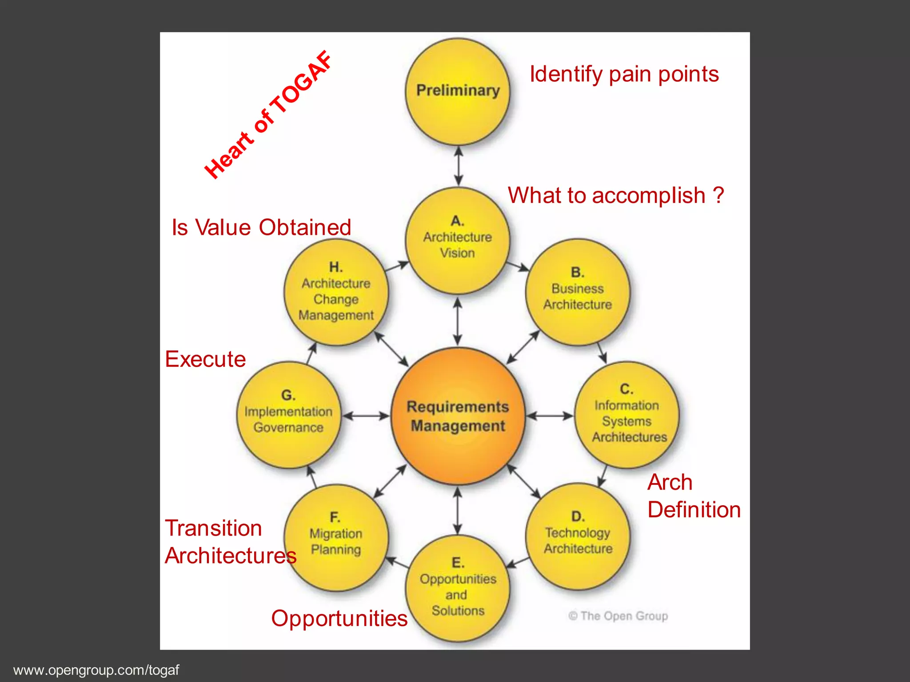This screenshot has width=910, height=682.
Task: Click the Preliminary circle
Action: (458, 92)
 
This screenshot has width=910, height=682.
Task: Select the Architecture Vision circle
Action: (458, 241)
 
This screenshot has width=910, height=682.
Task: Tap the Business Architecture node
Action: (577, 292)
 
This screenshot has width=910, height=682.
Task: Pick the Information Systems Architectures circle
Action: (627, 415)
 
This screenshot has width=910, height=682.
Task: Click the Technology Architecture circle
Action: (578, 536)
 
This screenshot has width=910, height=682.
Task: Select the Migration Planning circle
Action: (336, 537)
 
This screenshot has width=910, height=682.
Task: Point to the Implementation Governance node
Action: (288, 415)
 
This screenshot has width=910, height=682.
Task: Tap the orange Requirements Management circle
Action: (458, 416)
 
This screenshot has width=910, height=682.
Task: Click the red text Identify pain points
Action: (624, 74)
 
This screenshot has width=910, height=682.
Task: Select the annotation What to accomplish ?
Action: (616, 195)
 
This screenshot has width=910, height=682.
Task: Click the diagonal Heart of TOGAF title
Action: (268, 115)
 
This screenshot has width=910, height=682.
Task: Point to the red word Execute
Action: (205, 359)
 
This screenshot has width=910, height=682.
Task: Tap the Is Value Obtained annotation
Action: (261, 227)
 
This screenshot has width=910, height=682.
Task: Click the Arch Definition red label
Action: (693, 496)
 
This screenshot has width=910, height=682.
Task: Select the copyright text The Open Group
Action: (619, 616)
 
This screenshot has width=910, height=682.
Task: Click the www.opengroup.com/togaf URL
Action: (96, 670)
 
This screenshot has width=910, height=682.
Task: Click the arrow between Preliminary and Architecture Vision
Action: (459, 166)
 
